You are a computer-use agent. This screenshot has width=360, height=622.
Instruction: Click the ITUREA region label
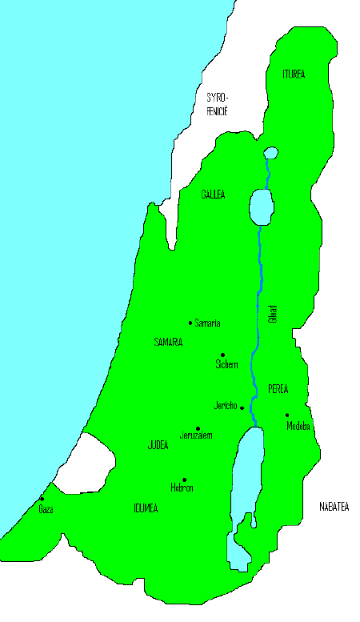point(294,74)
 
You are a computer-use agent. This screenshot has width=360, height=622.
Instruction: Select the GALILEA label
point(213,195)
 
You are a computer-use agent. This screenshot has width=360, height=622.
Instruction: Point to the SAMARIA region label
point(168,342)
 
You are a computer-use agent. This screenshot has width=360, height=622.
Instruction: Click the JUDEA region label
point(158,445)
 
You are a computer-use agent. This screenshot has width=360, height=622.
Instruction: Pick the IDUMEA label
point(145,508)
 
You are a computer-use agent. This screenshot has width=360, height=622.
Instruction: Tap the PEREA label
point(278,389)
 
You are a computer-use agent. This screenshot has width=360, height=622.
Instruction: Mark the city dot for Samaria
point(190,323)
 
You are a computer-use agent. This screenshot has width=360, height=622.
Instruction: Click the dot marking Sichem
point(222,355)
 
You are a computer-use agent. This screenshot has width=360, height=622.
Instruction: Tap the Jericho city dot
point(242,407)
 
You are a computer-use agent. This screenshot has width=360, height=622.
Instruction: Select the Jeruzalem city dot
point(198,428)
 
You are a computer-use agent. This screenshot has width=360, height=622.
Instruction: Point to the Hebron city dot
point(184,480)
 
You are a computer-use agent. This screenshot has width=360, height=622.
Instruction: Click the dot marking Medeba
point(287,415)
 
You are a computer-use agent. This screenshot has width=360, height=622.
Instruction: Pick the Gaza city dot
point(42,499)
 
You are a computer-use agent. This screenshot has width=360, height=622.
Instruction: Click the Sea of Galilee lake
point(261,207)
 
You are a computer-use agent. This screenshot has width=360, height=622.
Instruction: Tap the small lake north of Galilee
point(270,152)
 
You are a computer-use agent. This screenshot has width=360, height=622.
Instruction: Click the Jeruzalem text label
point(197,436)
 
